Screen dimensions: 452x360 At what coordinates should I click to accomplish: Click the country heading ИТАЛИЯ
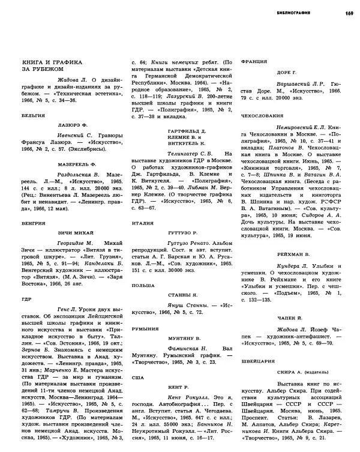click(x=143, y=223)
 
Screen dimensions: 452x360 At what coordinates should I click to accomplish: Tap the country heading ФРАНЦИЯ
click(x=253, y=62)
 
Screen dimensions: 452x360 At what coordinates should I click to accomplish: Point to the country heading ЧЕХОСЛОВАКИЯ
click(x=262, y=114)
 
